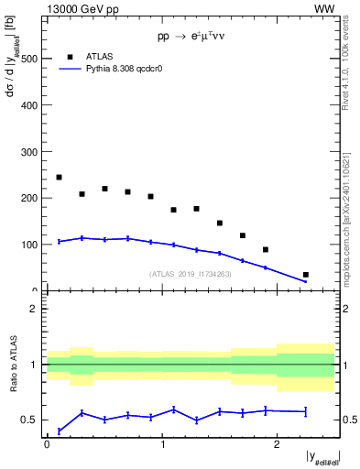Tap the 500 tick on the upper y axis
click(29, 58)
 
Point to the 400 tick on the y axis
click(29, 104)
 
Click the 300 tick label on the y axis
click(29, 151)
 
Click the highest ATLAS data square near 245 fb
click(59, 177)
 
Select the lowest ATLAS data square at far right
click(305, 275)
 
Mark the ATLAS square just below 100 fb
click(266, 249)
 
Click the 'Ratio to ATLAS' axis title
click(14, 365)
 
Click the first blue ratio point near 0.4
click(59, 431)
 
